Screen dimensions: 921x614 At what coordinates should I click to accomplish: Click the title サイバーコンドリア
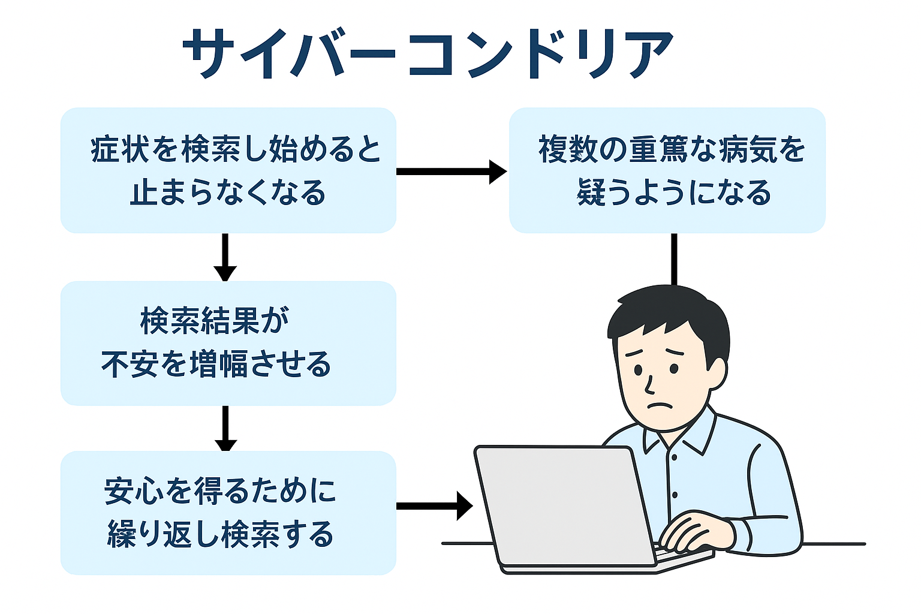428,53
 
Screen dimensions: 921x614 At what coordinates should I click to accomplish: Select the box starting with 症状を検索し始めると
228,170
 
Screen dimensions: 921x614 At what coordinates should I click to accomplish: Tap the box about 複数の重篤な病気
667,170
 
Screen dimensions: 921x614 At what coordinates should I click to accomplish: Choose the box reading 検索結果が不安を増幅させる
228,344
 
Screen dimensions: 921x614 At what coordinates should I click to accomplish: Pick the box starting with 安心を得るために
228,513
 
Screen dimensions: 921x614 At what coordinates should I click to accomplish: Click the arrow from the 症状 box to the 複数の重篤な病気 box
452,171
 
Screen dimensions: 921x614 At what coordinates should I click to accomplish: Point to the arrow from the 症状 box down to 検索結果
225,257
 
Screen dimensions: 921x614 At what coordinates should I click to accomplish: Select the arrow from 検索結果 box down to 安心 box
225,429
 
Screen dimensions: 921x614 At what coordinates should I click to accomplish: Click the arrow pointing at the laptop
435,506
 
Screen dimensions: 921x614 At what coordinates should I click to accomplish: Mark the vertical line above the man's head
675,260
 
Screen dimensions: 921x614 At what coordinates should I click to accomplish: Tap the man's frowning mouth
660,405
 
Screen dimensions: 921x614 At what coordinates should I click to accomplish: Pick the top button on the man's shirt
674,458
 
